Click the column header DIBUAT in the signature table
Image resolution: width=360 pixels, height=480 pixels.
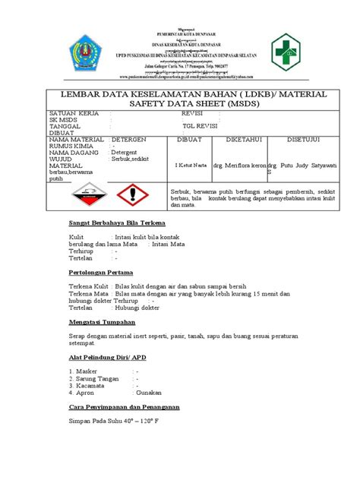click(189, 140)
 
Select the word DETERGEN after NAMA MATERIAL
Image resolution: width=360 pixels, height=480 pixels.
click(134, 140)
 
